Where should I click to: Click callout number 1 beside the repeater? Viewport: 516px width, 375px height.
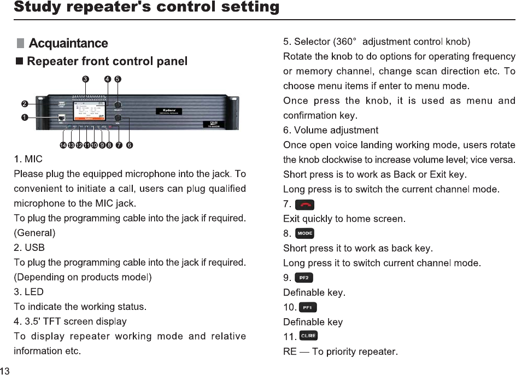pos(24,118)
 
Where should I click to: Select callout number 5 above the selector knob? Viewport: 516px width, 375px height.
pos(118,79)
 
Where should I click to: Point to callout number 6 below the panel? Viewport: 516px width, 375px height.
pos(129,145)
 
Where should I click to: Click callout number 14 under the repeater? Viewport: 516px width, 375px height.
pos(63,145)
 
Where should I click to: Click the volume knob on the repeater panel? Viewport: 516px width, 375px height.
pos(118,118)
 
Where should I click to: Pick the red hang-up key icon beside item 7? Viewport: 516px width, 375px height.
pos(304,205)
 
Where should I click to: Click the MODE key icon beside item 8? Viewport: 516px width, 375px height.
pos(304,234)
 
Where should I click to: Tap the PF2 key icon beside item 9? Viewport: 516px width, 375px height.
pos(304,278)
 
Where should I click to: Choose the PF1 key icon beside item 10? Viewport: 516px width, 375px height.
pos(307,307)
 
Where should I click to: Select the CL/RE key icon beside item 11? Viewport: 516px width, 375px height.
pos(308,336)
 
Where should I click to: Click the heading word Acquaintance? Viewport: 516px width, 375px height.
pos(68,43)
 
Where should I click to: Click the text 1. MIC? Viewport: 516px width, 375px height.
pos(28,160)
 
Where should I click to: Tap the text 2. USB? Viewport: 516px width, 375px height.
pos(29,248)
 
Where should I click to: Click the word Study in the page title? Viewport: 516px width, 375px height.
pos(36,7)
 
